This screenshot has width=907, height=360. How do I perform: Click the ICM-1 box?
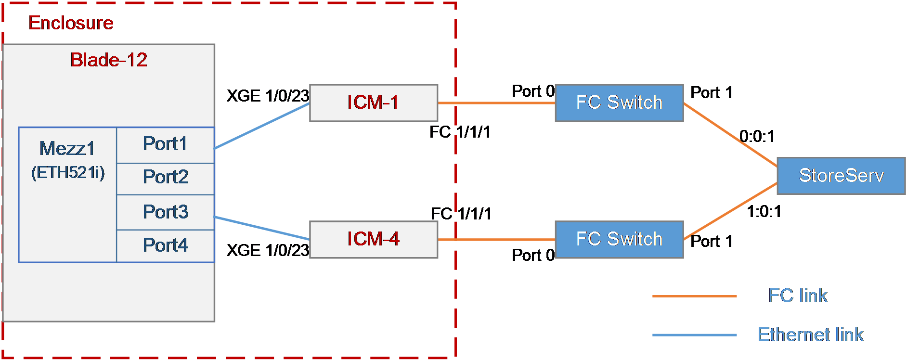374,103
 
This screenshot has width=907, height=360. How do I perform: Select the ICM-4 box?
374,240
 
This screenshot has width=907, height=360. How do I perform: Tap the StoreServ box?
841,176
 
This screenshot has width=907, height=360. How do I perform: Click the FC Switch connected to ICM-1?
619,103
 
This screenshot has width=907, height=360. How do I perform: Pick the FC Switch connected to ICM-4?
619,240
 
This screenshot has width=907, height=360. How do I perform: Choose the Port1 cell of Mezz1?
166,145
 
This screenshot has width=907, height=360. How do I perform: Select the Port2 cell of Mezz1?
166,179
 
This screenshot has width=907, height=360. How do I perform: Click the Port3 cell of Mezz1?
166,212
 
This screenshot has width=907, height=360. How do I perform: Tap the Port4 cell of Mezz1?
166,246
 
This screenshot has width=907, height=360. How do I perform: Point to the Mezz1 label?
67,149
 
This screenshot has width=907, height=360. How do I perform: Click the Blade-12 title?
109,60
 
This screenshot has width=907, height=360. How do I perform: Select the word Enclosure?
71,23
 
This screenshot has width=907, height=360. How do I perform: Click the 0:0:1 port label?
757,137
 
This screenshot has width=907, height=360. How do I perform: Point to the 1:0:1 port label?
764,211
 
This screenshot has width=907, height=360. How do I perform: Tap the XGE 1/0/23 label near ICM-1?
268,96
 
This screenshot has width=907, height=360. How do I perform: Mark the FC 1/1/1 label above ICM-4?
461,214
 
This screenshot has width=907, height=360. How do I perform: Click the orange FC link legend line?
694,296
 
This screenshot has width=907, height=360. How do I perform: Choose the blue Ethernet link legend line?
694,335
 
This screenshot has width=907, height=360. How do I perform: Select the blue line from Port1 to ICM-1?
262,126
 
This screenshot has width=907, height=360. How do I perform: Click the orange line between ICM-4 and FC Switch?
496,240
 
